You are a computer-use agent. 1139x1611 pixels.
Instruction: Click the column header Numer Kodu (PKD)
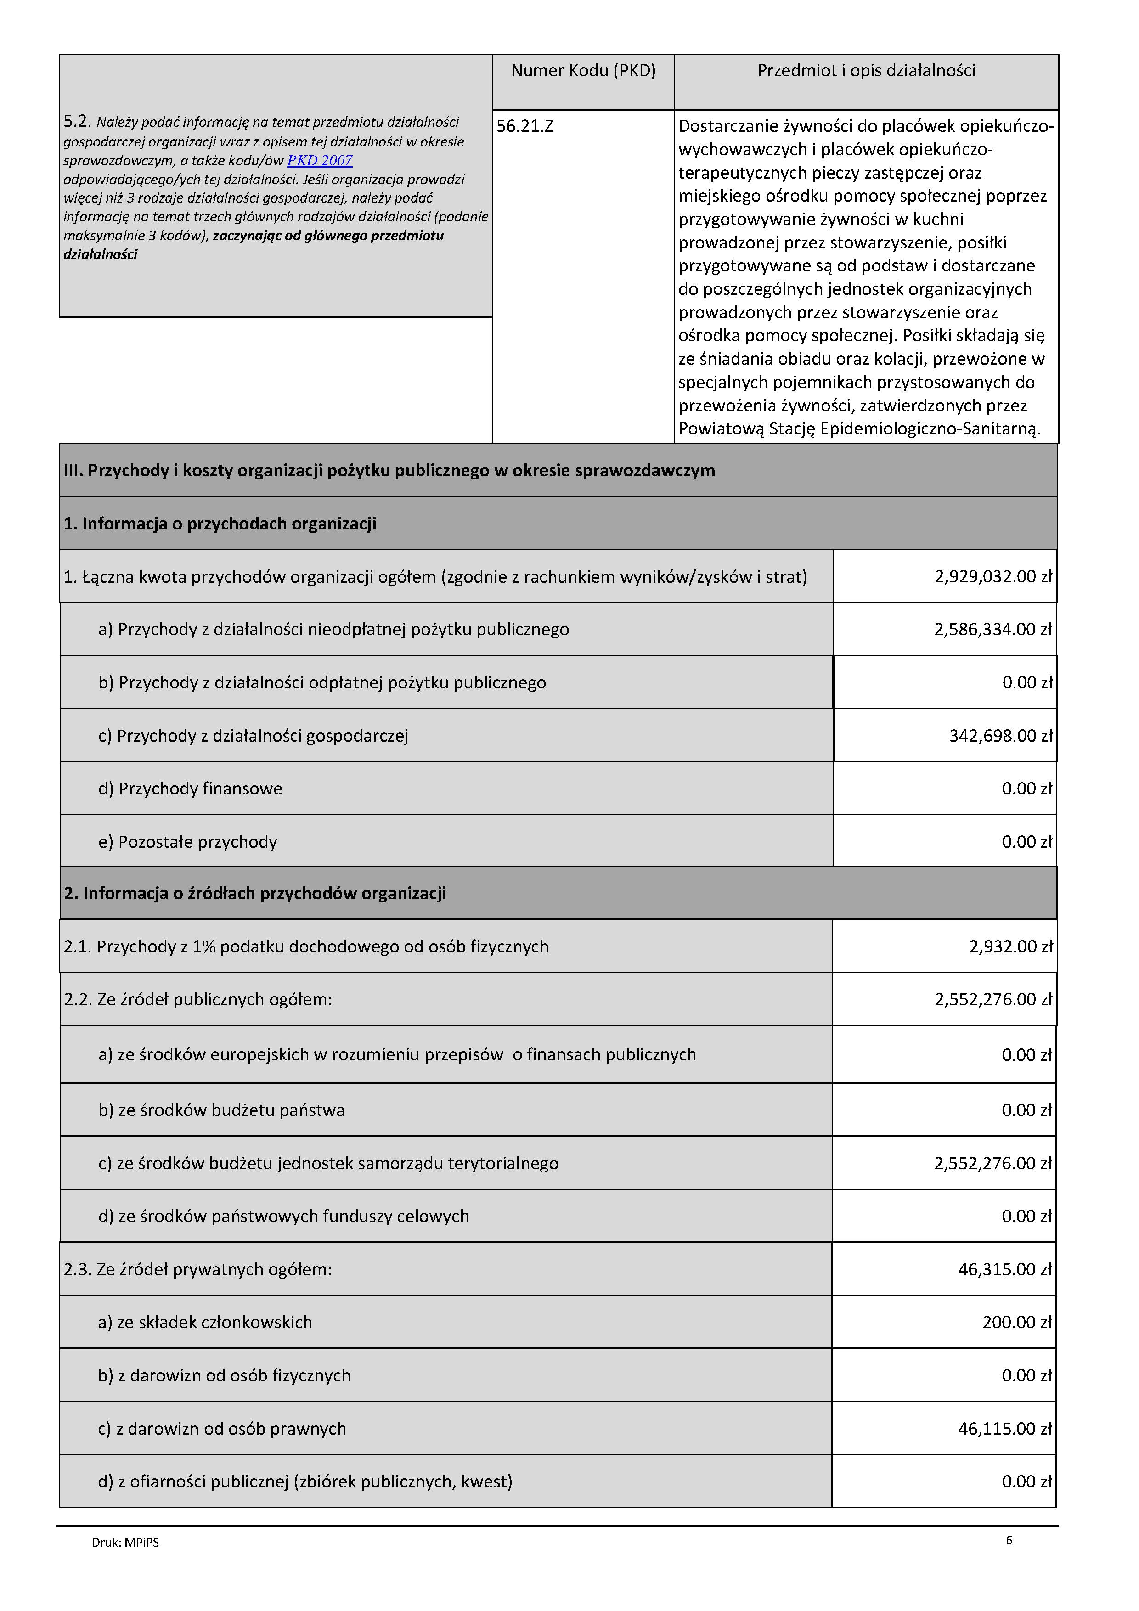(x=583, y=71)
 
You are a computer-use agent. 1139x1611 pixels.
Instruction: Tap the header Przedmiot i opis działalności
(x=866, y=71)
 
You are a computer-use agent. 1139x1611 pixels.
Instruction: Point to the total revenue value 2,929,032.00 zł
(x=993, y=577)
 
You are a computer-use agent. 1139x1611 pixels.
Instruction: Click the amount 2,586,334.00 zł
(x=993, y=630)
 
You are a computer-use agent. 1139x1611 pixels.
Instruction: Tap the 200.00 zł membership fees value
(x=1017, y=1323)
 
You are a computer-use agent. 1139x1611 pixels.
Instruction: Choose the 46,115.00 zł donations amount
(x=1005, y=1429)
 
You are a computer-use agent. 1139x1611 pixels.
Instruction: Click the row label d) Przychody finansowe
(x=190, y=789)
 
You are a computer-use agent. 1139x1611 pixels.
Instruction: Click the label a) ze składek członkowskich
(x=205, y=1323)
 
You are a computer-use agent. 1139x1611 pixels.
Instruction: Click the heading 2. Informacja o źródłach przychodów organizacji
(x=255, y=893)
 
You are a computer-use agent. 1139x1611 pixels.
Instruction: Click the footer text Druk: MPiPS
(x=125, y=1543)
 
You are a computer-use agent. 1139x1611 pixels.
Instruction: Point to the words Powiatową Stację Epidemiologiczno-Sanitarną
(x=859, y=429)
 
